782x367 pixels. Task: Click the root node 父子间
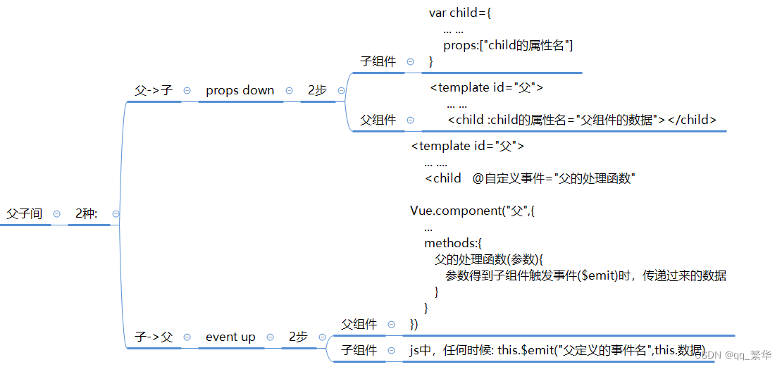(25, 213)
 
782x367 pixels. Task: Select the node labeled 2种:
(87, 213)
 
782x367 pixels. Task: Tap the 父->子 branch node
(154, 90)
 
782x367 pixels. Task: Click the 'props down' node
(240, 90)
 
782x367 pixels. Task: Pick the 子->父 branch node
(154, 337)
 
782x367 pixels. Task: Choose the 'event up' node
(230, 337)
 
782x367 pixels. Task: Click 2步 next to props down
(317, 90)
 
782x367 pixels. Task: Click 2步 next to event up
(298, 337)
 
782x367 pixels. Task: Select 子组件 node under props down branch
(378, 61)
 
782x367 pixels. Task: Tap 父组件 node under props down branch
(378, 120)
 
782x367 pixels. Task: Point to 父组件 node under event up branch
(359, 324)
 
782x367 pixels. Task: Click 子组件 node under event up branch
(359, 350)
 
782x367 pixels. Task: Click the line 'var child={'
(464, 13)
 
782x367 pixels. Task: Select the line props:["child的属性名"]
(508, 46)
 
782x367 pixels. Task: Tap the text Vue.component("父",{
(473, 211)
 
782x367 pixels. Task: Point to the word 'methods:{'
(453, 243)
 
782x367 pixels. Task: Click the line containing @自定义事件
(530, 178)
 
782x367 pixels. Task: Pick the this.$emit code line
(557, 350)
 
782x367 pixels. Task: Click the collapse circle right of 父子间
(57, 214)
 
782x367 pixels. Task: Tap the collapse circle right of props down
(290, 91)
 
